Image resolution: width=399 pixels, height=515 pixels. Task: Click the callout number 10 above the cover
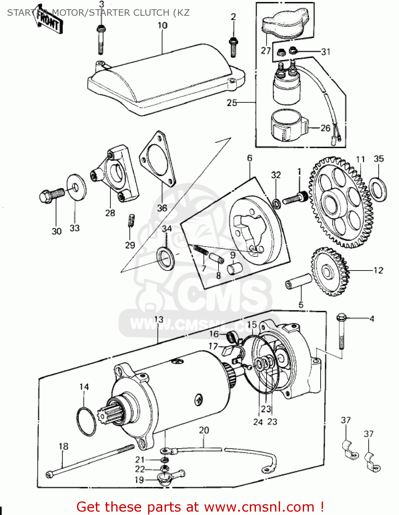tap(163, 26)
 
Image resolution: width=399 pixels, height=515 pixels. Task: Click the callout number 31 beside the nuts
tap(325, 52)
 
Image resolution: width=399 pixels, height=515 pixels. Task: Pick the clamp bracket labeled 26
tap(289, 127)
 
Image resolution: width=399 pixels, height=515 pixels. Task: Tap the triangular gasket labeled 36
tap(158, 161)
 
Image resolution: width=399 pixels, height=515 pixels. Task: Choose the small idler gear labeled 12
tap(330, 271)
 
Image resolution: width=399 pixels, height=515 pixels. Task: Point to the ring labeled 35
tap(378, 189)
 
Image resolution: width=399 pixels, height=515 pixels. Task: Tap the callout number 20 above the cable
tap(204, 430)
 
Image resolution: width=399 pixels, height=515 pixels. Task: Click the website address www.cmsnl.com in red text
tap(259, 507)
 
